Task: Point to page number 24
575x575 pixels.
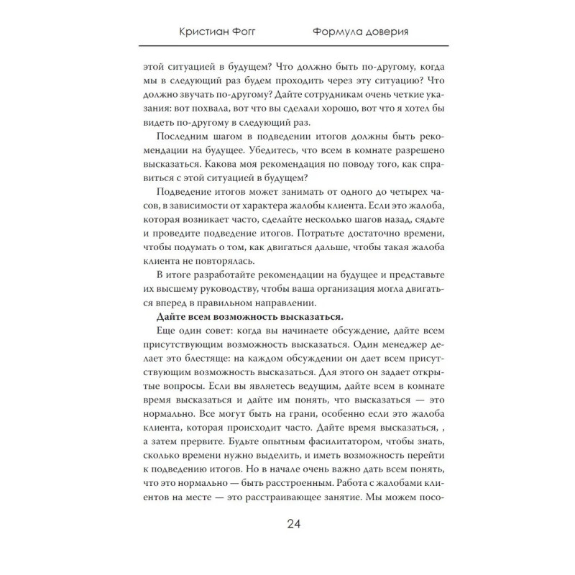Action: coord(287,543)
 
